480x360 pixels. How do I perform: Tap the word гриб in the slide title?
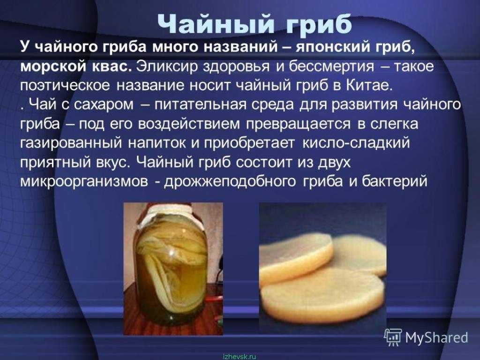click(319, 23)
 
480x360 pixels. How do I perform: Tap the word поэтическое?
click(65, 86)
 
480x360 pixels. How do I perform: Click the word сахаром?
click(104, 105)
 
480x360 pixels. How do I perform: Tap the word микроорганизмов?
click(84, 181)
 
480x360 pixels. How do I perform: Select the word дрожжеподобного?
click(230, 181)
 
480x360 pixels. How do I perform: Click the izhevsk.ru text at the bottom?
click(240, 357)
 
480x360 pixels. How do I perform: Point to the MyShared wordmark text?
click(436, 337)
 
